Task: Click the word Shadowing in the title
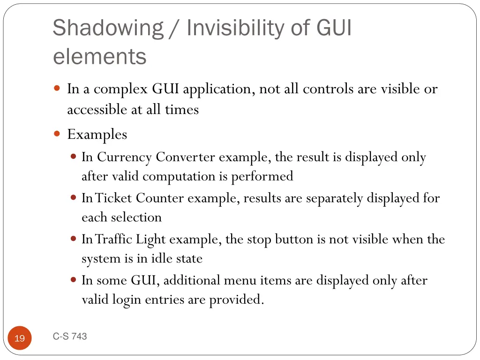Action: click(108, 28)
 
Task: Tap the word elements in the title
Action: click(100, 57)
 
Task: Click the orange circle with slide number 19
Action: click(20, 338)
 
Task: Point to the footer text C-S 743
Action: click(70, 336)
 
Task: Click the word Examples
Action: click(97, 135)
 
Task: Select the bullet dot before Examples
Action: click(57, 134)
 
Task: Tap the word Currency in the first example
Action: click(124, 157)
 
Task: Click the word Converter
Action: click(186, 157)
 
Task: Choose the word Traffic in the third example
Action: click(114, 239)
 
